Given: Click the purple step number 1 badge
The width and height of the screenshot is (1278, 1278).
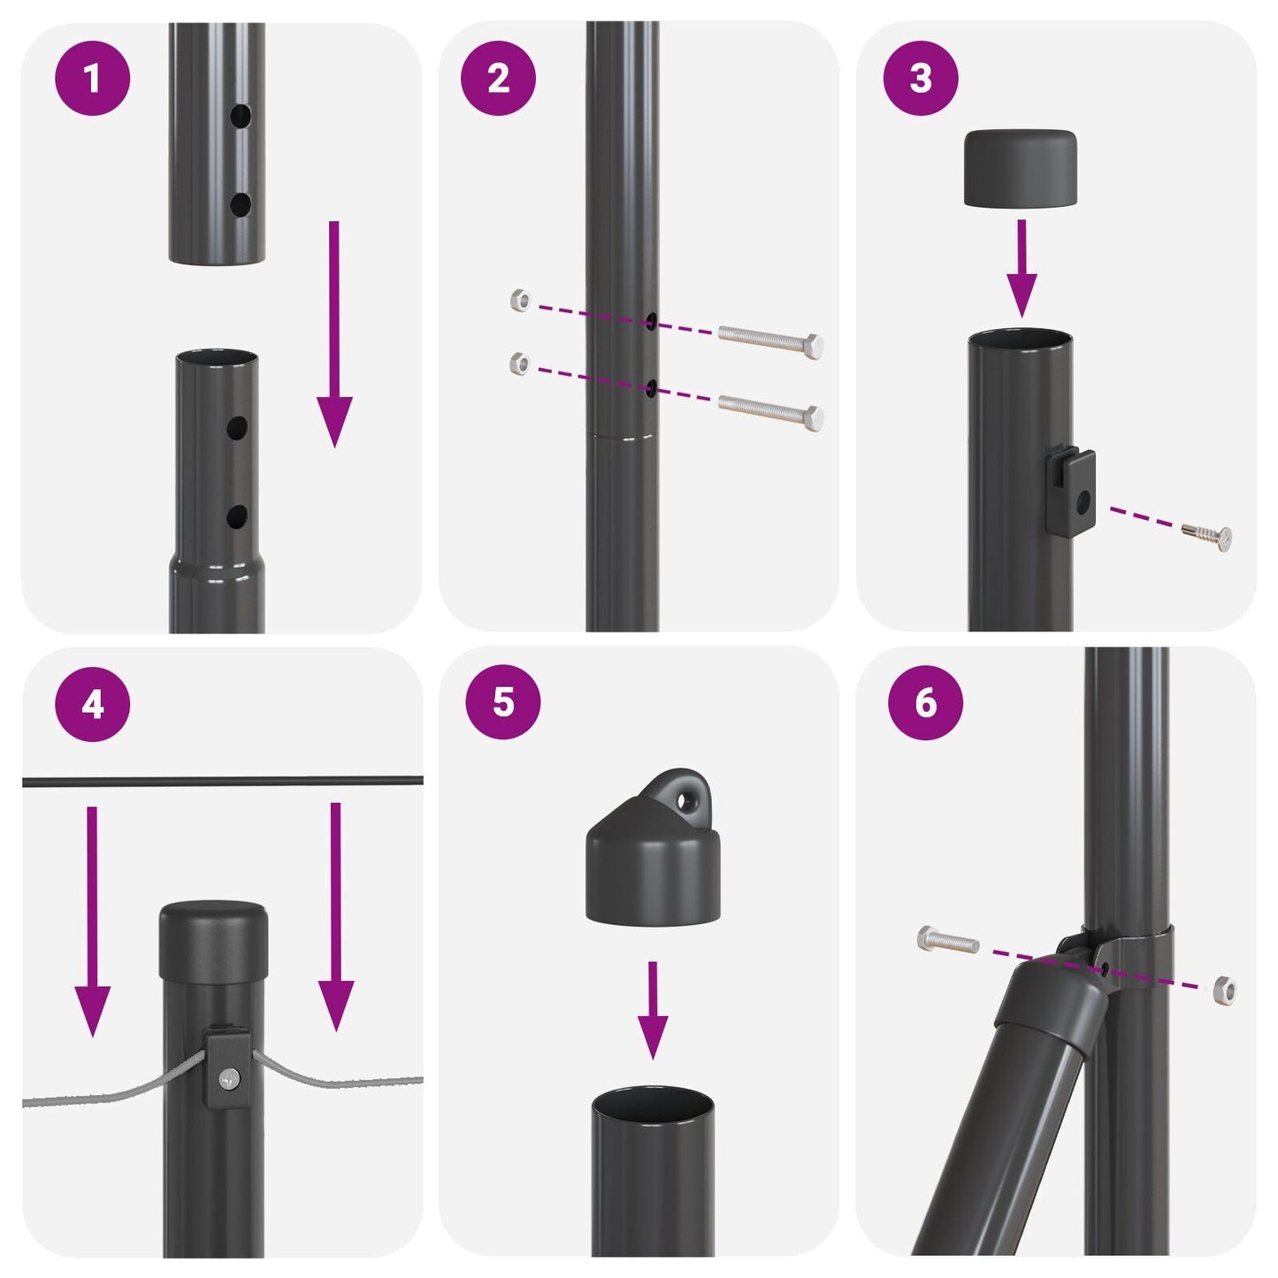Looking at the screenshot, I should (93, 80).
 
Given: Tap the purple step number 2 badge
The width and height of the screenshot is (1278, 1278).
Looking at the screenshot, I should (498, 80).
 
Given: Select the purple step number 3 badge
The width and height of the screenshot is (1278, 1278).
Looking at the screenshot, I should (921, 80).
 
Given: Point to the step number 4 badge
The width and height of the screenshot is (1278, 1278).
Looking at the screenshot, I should (93, 705).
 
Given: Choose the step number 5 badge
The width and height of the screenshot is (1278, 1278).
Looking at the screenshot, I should (502, 702).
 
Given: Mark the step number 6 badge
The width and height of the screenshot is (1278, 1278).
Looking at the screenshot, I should (925, 702).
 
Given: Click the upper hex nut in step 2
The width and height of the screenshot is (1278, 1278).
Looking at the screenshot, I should (521, 301).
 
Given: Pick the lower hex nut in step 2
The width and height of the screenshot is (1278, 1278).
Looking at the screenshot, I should (521, 363).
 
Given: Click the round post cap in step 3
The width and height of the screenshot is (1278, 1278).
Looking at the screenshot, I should (1020, 169).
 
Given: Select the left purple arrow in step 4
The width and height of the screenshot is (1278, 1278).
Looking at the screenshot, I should (92, 920).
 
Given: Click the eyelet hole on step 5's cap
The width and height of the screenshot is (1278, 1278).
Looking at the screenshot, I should (685, 800).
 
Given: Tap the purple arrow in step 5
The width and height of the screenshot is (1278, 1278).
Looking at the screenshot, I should (653, 1009).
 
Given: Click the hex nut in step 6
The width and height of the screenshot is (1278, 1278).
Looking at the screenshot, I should (1225, 988).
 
